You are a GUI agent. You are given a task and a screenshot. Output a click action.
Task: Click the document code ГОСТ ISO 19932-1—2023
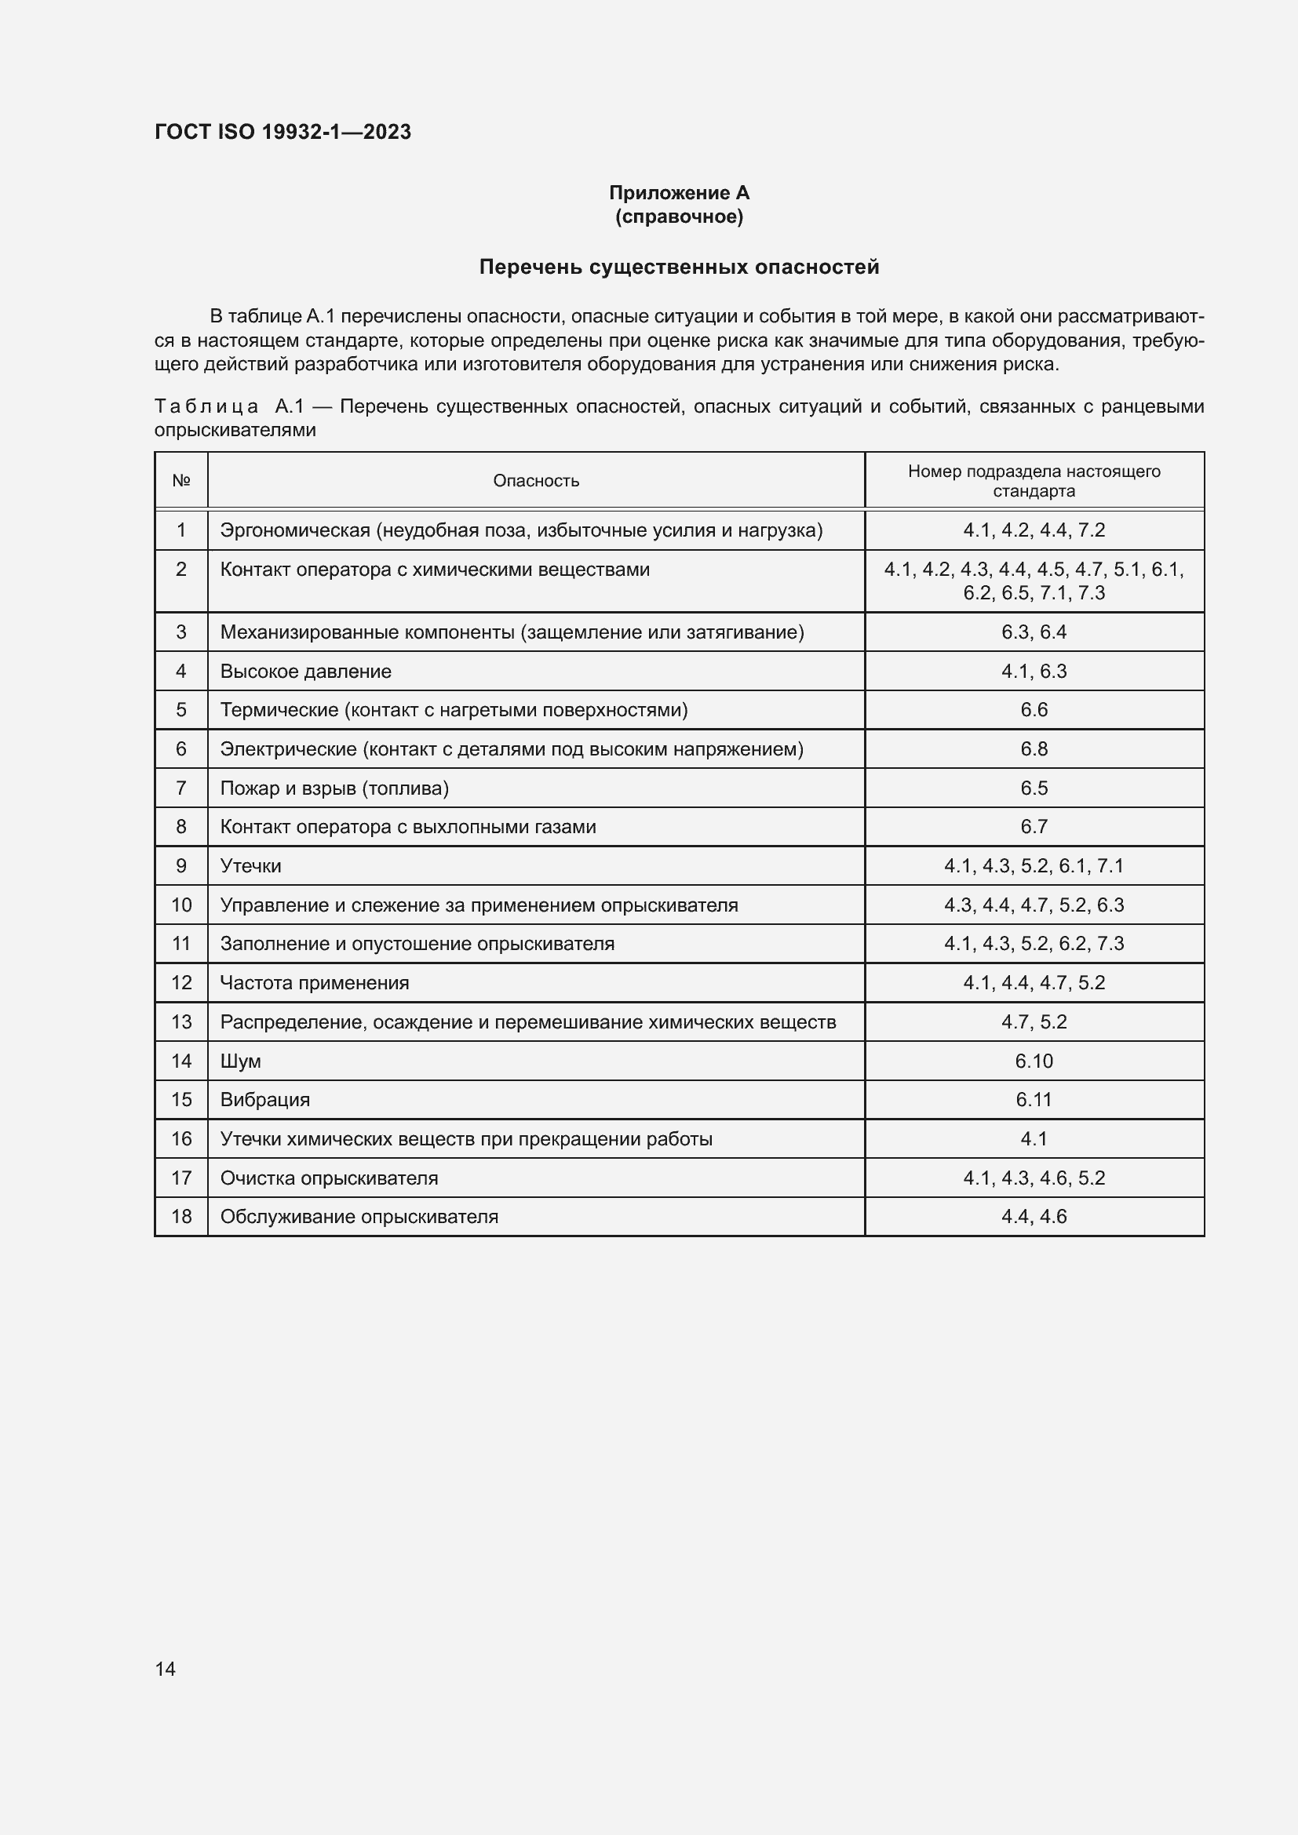[x=283, y=132]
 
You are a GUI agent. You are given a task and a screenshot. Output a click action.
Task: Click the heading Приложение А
[x=679, y=193]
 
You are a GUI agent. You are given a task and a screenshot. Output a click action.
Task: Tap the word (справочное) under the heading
[x=679, y=217]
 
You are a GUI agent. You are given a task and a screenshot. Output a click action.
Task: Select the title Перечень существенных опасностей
[x=679, y=267]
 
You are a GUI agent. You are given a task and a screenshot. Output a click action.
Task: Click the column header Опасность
[x=535, y=480]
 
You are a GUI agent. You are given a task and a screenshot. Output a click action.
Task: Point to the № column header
[x=181, y=480]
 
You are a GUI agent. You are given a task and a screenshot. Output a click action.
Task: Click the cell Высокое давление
[x=305, y=672]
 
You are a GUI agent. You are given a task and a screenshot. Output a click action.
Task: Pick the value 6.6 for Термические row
[x=1034, y=710]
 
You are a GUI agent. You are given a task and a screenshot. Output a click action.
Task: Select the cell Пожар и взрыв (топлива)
[x=334, y=788]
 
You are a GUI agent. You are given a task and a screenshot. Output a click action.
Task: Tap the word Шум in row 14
[x=241, y=1061]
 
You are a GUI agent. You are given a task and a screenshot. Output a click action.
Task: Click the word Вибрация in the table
[x=264, y=1100]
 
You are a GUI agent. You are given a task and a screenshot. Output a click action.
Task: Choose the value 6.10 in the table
[x=1034, y=1061]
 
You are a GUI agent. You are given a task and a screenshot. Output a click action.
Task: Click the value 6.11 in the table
[x=1034, y=1100]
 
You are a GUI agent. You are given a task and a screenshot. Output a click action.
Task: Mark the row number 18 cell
[x=181, y=1217]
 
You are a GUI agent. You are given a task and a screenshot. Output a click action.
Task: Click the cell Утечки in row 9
[x=250, y=865]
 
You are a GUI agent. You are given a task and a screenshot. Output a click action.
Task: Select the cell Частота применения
[x=314, y=983]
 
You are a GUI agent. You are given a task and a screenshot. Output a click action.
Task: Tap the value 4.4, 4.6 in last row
[x=1034, y=1217]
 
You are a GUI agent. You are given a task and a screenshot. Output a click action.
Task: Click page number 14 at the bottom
[x=166, y=1669]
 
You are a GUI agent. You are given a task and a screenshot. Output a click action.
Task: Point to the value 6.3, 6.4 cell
[x=1034, y=632]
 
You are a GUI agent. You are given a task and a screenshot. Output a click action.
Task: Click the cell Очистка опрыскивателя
[x=329, y=1178]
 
